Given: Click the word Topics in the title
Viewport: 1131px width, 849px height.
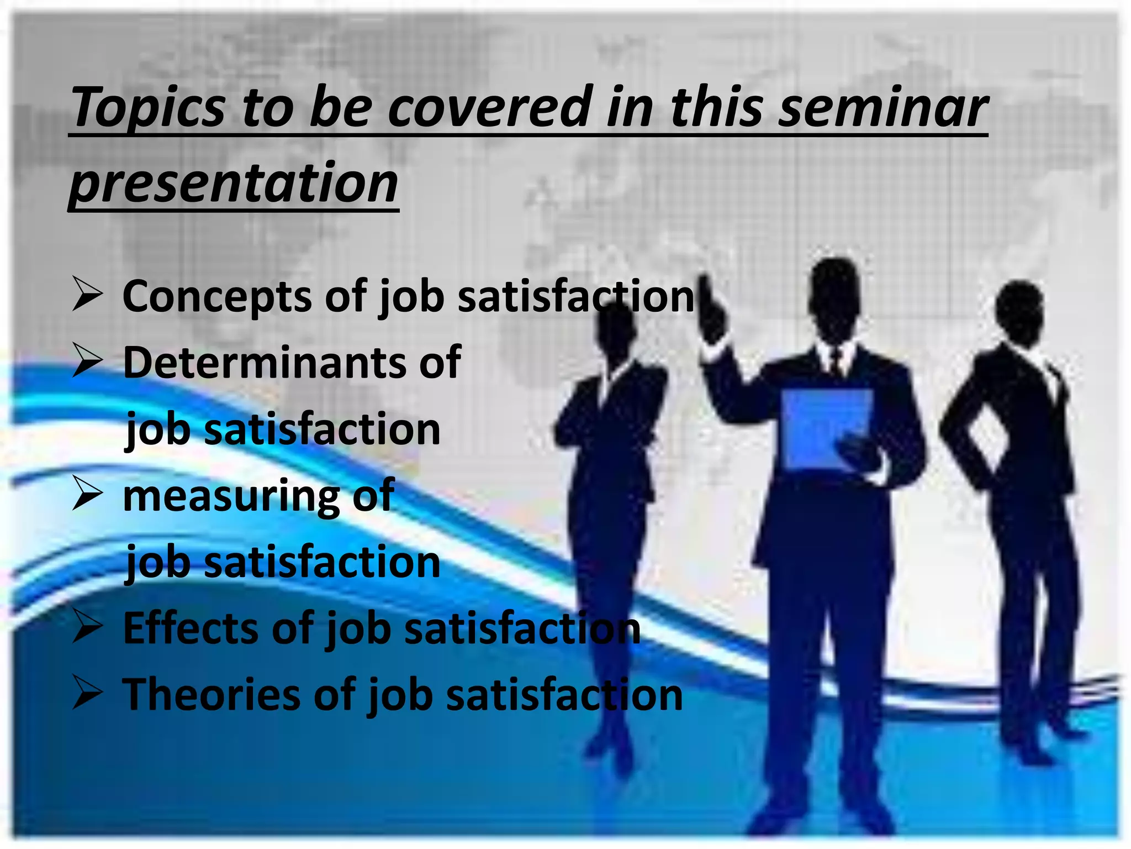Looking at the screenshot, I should coord(148,108).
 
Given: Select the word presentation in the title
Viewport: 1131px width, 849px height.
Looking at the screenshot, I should coord(234,182).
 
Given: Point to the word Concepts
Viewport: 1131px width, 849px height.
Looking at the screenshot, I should coord(216,297).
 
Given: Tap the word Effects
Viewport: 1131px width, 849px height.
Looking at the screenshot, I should coord(191,628).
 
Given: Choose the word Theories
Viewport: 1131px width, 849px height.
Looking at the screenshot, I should coord(211,695).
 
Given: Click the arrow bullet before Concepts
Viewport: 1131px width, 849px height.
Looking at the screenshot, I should coord(87,295).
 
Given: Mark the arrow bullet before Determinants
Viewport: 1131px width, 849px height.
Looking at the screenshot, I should coord(87,361).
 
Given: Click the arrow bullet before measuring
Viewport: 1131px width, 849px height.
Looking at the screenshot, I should coord(87,494).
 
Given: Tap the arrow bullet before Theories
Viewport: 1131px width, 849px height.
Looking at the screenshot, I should coord(87,694).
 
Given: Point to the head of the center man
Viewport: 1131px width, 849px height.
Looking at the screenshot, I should coord(835,298).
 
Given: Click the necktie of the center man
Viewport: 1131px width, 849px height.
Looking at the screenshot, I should coord(835,362).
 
